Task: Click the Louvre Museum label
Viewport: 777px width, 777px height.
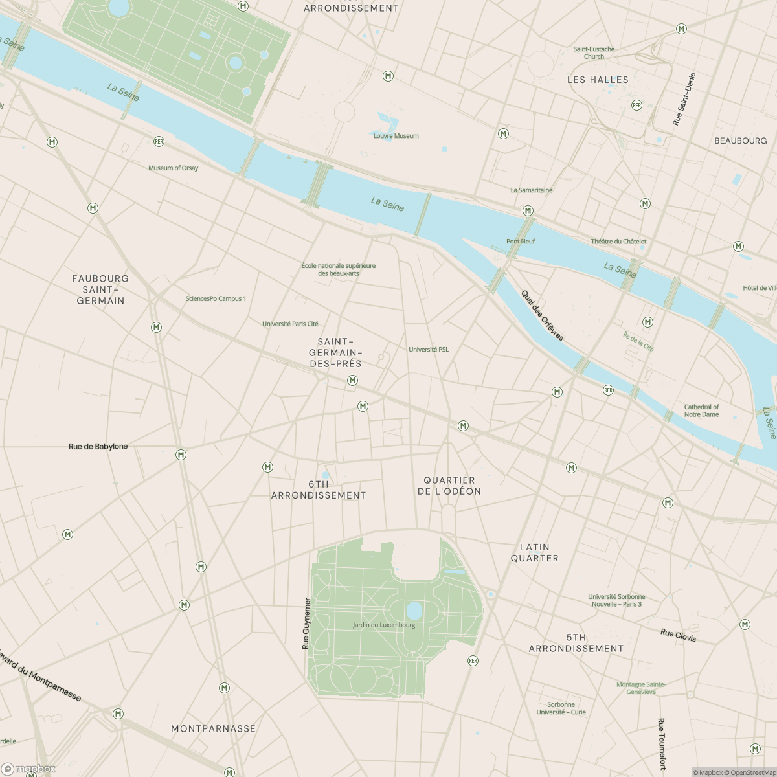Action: (396, 136)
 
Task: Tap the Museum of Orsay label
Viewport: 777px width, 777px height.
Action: (173, 168)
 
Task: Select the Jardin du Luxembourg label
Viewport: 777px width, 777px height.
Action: (384, 625)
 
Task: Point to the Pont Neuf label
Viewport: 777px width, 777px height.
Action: (521, 242)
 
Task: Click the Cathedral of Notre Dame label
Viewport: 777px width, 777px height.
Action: (701, 411)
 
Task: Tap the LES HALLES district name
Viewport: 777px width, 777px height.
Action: (598, 80)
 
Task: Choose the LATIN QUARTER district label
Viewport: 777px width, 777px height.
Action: (534, 552)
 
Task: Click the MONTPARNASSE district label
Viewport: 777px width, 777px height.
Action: (213, 728)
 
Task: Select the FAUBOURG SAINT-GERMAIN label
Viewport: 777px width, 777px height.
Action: (100, 289)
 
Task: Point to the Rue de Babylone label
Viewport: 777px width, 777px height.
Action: (98, 447)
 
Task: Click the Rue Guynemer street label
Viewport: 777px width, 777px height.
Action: (307, 623)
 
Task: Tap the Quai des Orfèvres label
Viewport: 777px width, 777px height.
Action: (543, 315)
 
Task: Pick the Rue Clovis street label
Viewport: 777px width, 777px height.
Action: (678, 635)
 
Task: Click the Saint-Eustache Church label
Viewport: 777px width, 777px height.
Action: (594, 52)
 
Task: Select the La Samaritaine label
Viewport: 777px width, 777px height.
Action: (532, 190)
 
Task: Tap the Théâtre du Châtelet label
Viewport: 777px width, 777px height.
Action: (618, 242)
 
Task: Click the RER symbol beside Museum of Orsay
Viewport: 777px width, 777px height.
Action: (159, 141)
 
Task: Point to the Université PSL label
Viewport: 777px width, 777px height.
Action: (429, 350)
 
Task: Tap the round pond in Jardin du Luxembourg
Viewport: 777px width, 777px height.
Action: (414, 610)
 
